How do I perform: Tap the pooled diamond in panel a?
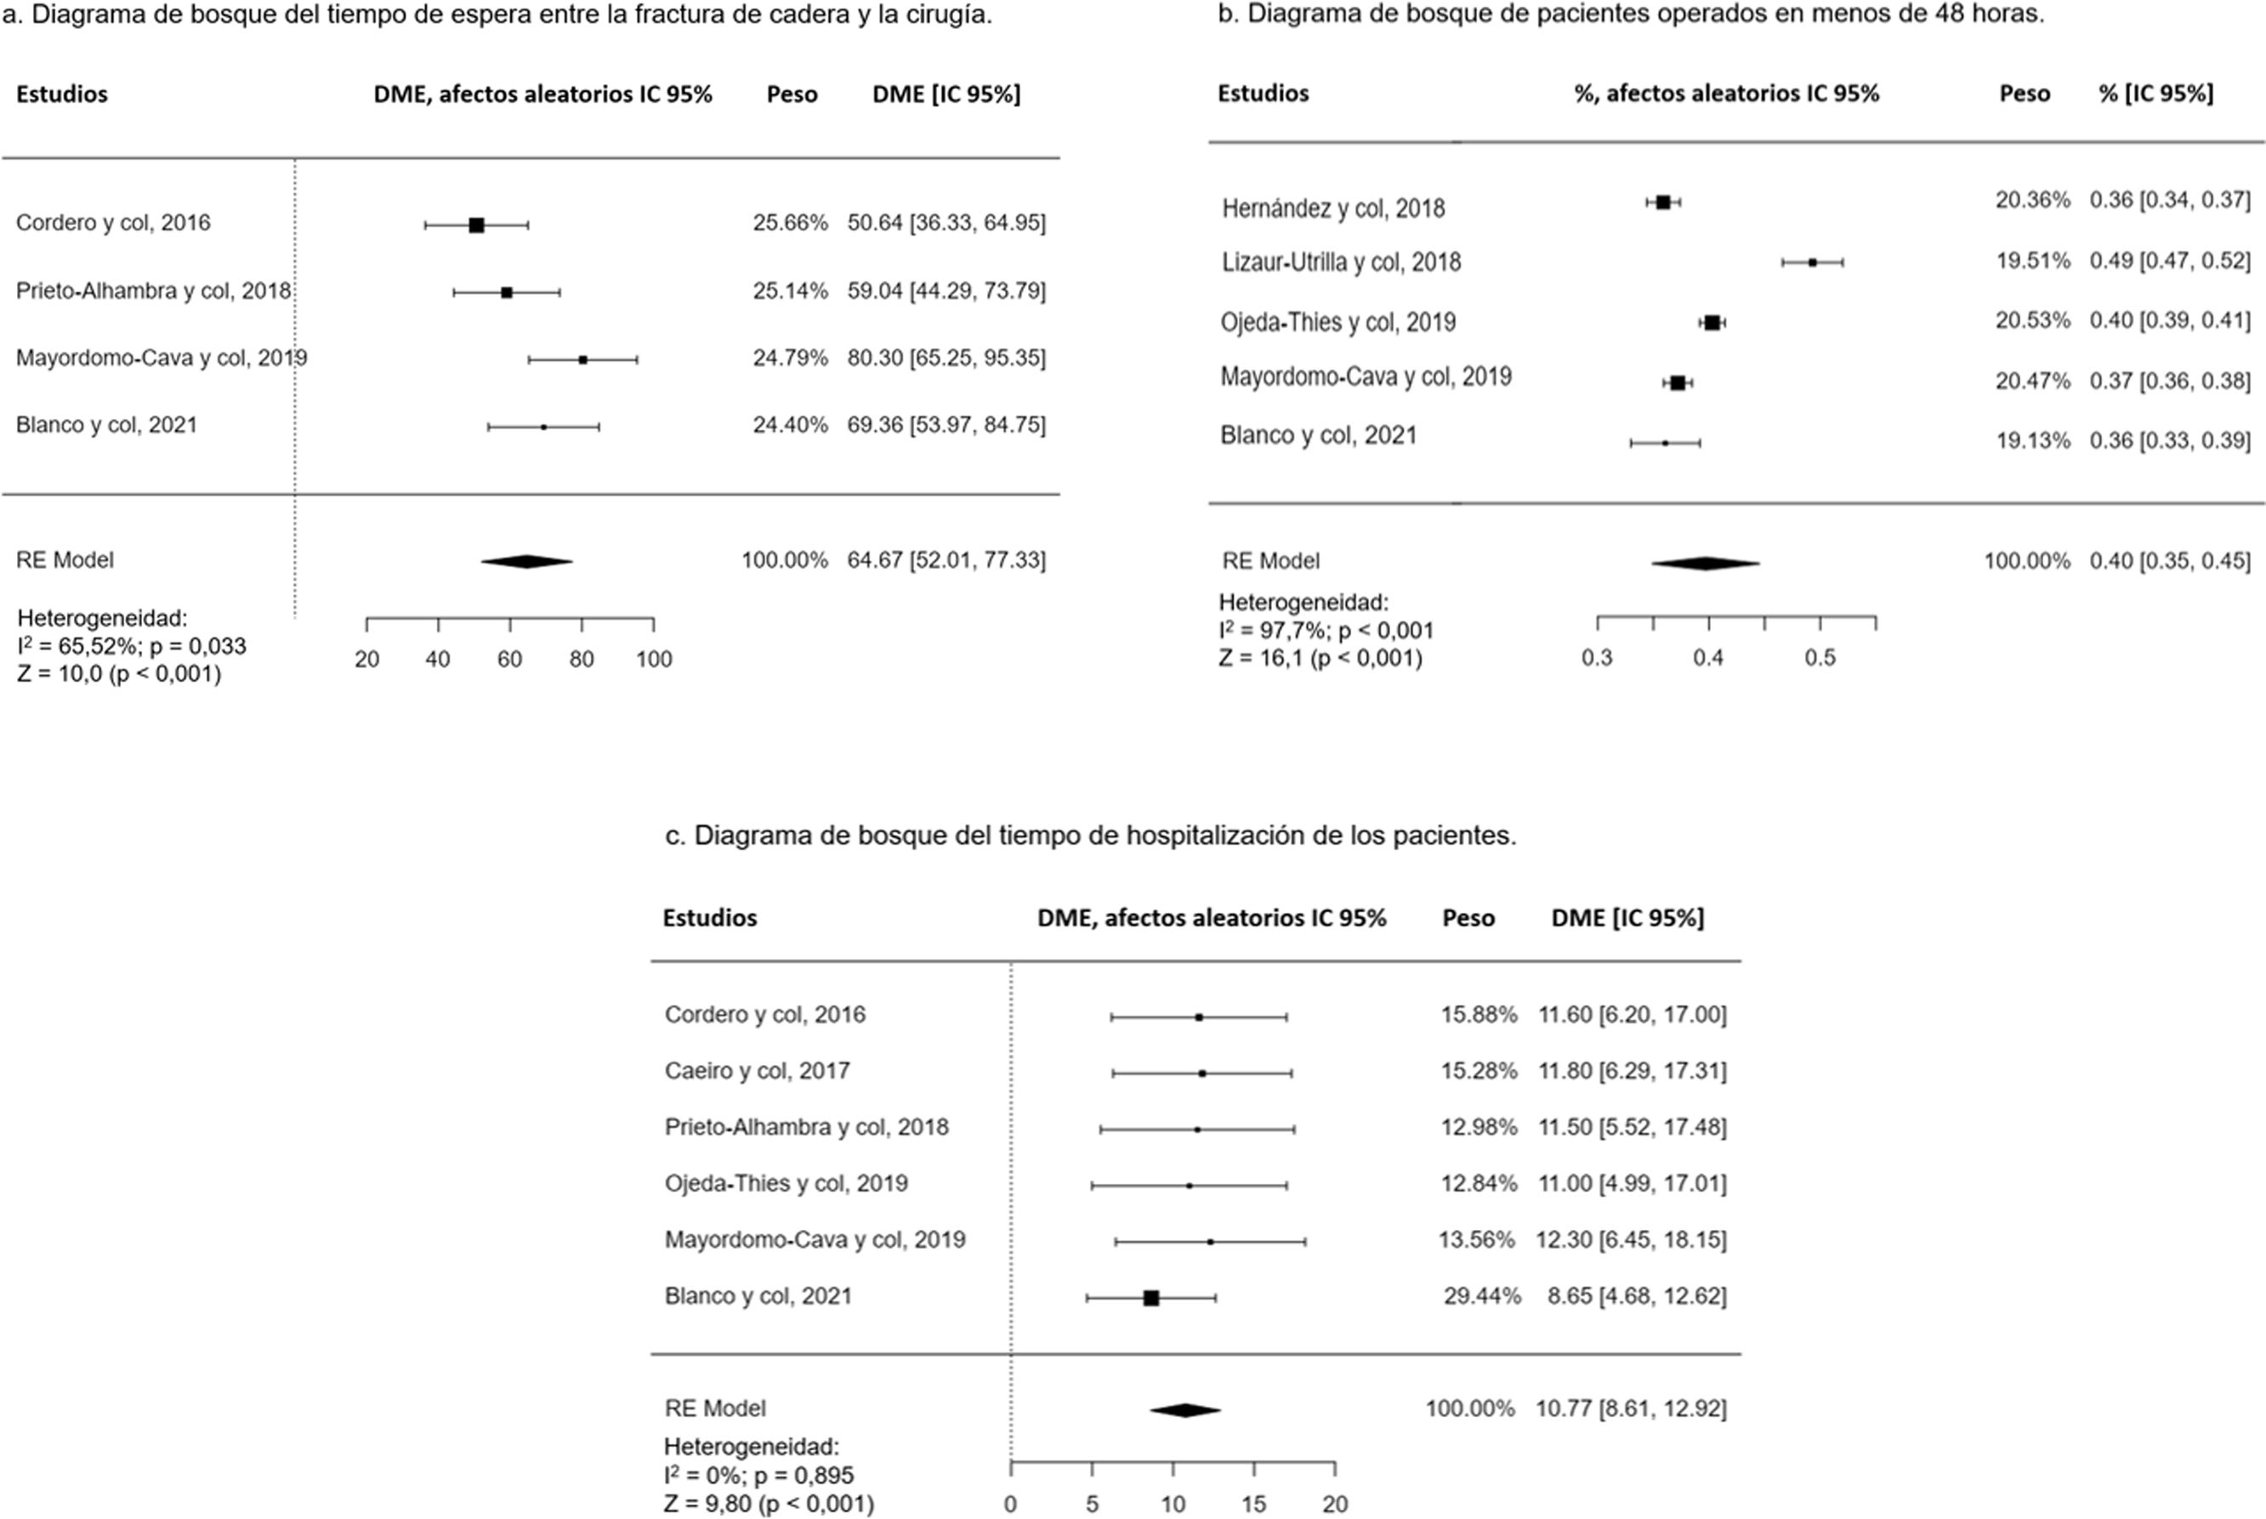(x=527, y=562)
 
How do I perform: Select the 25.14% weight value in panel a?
(x=790, y=291)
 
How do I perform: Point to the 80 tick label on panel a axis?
(x=582, y=660)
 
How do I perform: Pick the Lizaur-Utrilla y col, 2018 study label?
(x=1341, y=262)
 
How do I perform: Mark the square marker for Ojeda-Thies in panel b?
(x=1712, y=323)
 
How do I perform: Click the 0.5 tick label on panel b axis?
(x=1820, y=658)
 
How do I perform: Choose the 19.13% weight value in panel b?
(x=2031, y=439)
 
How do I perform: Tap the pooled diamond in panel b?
(x=1705, y=563)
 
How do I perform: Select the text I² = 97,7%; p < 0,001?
(x=1326, y=631)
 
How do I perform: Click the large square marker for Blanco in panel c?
(x=1151, y=1298)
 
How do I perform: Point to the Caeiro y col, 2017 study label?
(x=757, y=1070)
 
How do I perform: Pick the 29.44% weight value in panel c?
(x=1481, y=1296)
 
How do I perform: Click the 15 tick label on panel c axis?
(x=1253, y=1505)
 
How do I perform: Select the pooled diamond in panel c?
(x=1184, y=1410)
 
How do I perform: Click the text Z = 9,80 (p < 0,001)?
(x=769, y=1505)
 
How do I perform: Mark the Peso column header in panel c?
(x=1468, y=917)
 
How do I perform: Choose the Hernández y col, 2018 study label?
(x=1333, y=208)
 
